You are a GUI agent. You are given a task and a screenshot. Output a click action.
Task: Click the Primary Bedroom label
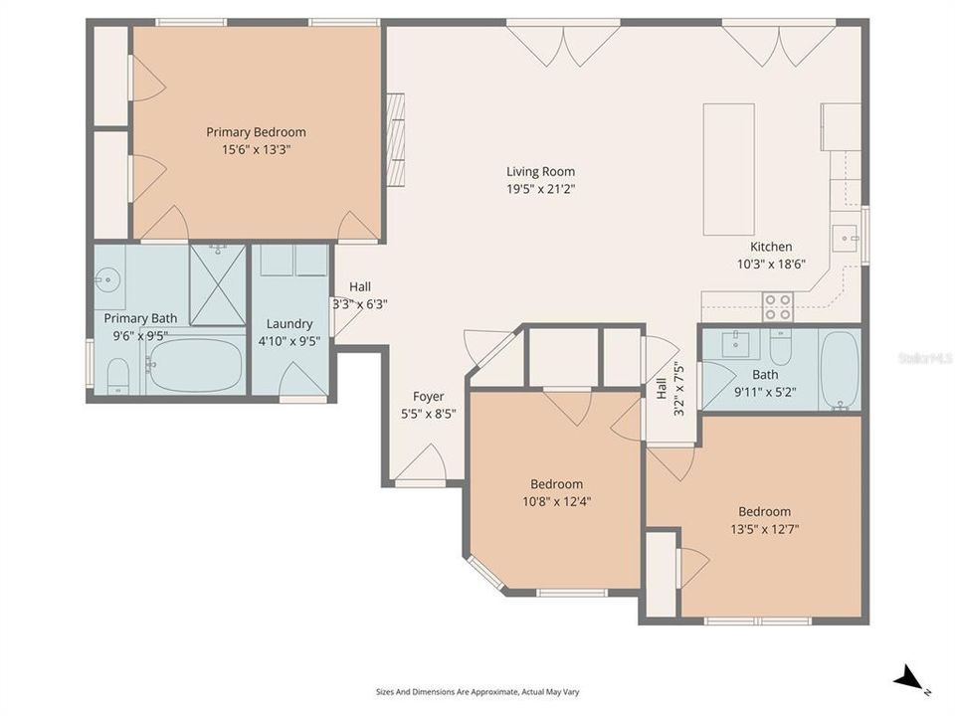256,132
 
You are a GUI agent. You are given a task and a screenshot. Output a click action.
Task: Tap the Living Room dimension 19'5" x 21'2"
540,187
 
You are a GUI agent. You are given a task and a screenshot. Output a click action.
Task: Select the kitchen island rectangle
728,168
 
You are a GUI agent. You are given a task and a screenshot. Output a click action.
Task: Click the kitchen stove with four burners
777,306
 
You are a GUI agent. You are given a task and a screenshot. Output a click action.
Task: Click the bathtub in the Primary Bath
196,366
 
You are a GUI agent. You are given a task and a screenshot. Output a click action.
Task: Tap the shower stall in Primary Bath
217,283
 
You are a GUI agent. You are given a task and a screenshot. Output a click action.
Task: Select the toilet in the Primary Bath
117,375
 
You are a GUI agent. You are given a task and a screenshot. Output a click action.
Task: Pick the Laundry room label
289,324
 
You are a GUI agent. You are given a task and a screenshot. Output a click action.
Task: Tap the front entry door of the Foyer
422,465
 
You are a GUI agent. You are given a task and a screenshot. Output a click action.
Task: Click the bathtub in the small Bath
840,370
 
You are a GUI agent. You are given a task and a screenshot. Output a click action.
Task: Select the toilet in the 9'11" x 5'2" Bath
780,347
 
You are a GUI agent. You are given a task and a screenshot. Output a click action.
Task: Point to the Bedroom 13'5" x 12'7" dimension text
764,529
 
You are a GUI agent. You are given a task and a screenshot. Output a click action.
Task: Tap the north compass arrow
907,681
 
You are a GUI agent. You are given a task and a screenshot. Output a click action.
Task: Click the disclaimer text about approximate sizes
477,691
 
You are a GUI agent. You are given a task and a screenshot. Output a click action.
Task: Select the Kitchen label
771,248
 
